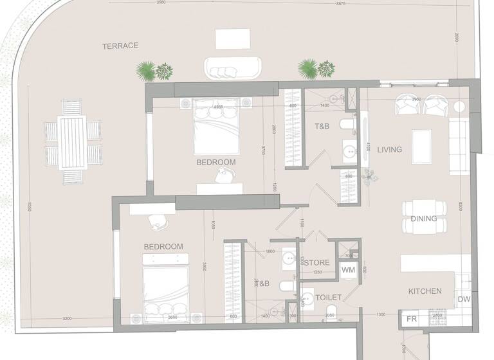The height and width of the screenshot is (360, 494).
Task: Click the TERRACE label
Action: pos(120,46)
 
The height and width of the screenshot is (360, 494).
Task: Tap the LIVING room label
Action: pos(389,150)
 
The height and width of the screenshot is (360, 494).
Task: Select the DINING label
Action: pos(423,219)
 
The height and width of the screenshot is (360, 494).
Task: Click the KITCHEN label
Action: pos(425,291)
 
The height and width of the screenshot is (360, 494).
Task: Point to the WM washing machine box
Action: pos(348,270)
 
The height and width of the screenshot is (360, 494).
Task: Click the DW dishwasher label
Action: pos(464,300)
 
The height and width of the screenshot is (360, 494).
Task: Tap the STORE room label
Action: pos(316,263)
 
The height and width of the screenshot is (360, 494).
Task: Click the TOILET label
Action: pos(328,298)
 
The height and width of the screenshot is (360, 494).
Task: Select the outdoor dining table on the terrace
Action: pos(72,141)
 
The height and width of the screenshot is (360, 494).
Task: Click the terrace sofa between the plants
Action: pos(232,67)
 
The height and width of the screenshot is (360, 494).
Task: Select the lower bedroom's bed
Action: pos(165,287)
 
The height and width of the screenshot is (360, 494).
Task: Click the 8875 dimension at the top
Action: pos(358,3)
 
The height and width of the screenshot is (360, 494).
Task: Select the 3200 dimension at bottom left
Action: pos(66,318)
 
